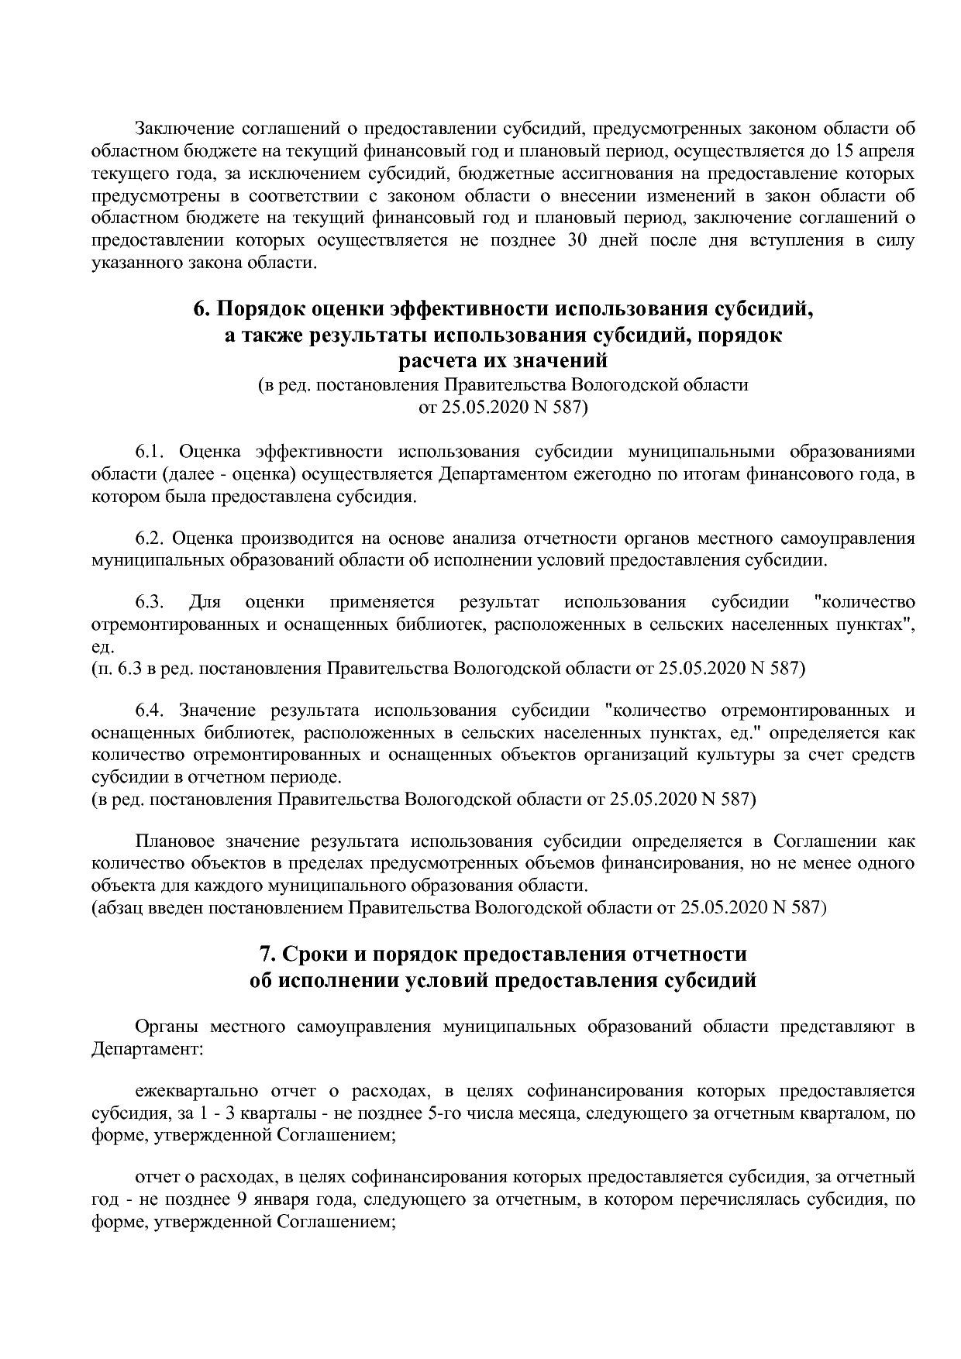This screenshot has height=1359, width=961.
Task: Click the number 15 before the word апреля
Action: [x=856, y=150]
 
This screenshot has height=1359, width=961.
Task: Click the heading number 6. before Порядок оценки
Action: [x=202, y=310]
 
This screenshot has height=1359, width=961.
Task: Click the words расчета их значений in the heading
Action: [x=503, y=361]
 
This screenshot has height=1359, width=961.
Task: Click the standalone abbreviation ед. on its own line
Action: [x=102, y=646]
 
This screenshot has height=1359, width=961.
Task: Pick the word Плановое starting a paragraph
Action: [x=173, y=841]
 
